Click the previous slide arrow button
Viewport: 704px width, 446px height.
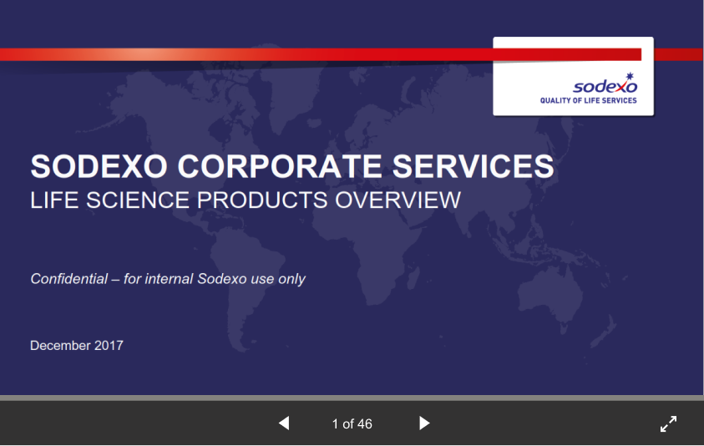[284, 423]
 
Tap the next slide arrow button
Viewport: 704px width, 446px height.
[424, 423]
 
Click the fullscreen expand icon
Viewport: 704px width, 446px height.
[669, 423]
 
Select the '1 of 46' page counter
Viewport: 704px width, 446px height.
[352, 424]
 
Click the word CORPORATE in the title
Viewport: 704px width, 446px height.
[280, 166]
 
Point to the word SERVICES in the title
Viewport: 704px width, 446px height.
[474, 166]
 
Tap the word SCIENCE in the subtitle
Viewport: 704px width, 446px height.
[138, 200]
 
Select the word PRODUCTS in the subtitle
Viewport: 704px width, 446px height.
[261, 200]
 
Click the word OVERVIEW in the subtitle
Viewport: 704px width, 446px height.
[398, 200]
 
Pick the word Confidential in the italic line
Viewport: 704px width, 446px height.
[69, 279]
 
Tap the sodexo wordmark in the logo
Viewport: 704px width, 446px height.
[605, 86]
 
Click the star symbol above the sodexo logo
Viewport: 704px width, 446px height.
[630, 76]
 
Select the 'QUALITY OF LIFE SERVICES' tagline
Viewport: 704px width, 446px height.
[588, 100]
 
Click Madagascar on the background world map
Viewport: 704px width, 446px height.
[415, 276]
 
